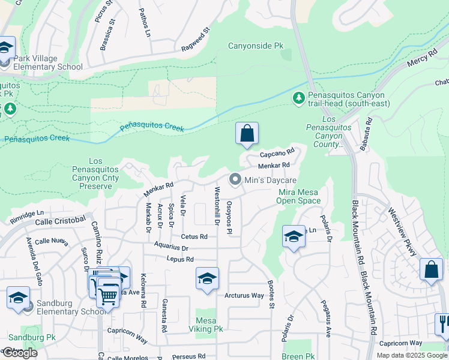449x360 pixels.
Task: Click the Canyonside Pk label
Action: click(255, 46)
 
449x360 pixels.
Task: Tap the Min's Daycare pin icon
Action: click(235, 180)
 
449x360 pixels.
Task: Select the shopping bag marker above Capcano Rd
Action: click(247, 134)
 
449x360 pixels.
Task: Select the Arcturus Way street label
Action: click(244, 296)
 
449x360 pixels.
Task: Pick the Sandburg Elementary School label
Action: click(71, 307)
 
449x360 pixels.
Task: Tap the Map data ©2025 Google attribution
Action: click(412, 355)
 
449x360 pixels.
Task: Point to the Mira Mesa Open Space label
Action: click(300, 196)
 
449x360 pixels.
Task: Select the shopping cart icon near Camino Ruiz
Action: click(108, 294)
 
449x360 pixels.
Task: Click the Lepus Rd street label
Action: click(181, 259)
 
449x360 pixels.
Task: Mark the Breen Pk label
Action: click(298, 356)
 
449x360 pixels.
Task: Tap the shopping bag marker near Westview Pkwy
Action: click(431, 270)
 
